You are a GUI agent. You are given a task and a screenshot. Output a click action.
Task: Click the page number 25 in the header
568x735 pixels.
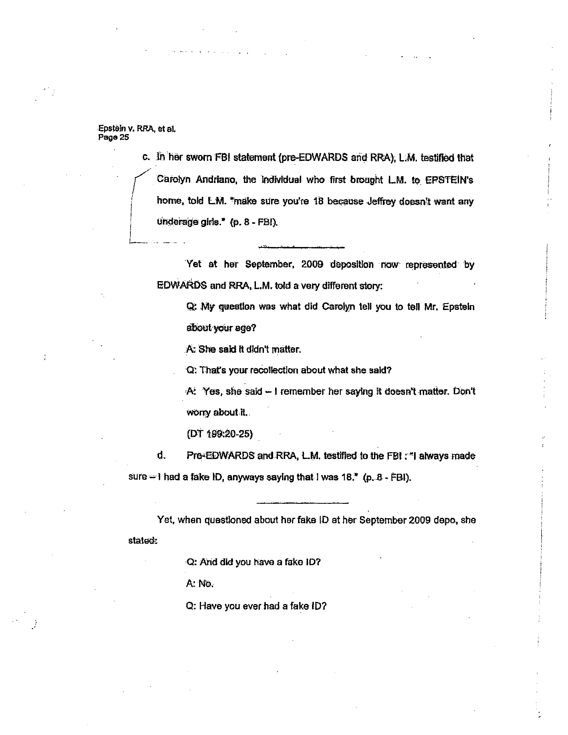124,137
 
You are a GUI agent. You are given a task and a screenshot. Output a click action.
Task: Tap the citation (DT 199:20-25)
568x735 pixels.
219,434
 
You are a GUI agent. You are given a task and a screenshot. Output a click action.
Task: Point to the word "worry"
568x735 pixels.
198,412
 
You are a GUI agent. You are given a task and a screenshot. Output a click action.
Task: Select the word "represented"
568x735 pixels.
431,265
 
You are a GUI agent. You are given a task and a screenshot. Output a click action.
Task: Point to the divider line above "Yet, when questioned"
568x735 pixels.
302,503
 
